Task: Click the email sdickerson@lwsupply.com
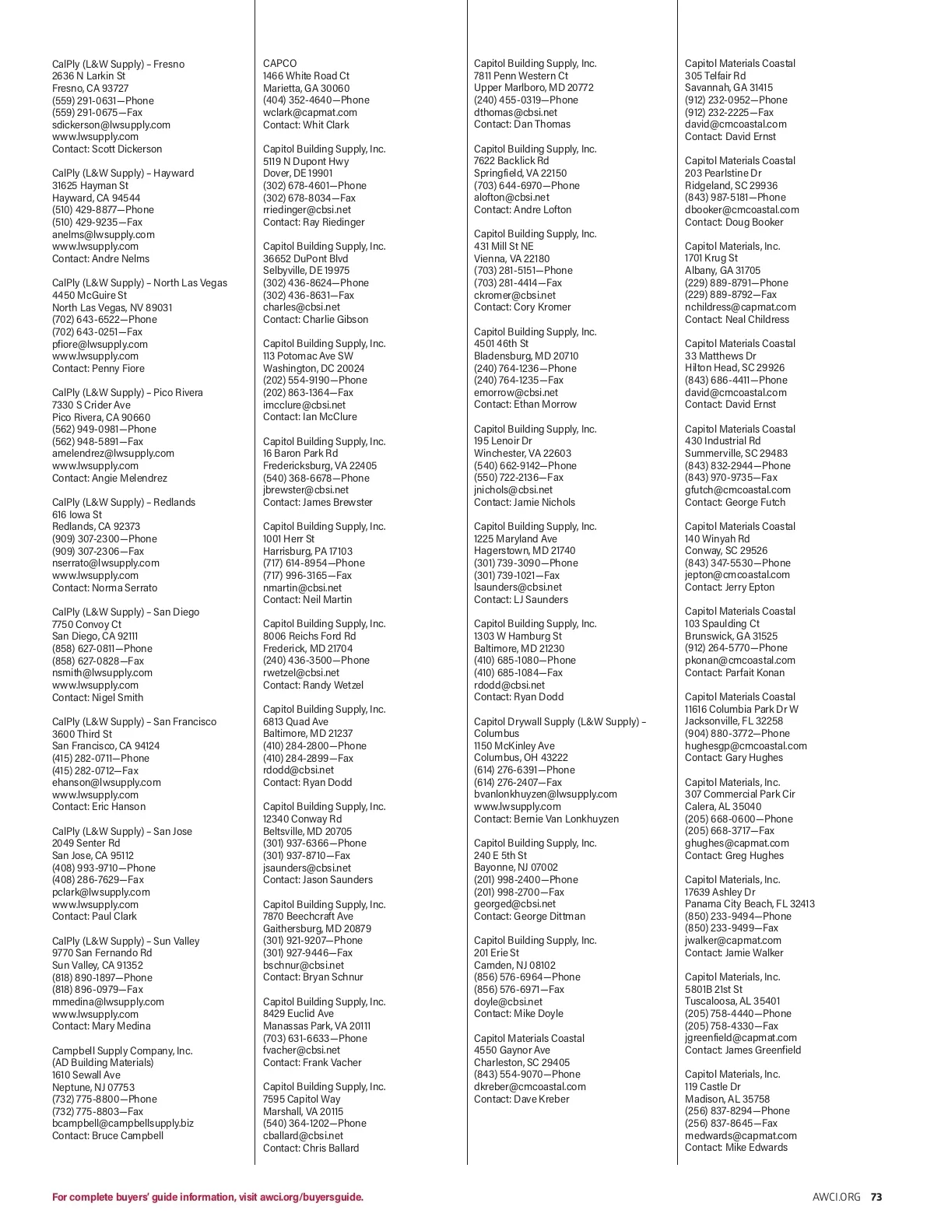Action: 111,125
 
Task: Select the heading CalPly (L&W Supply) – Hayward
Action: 123,174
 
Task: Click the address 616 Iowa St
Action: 77,514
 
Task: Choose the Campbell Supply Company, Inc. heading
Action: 122,1050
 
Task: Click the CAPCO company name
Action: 279,64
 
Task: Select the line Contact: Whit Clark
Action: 306,125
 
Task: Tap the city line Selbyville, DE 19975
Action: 306,271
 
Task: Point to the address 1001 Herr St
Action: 289,538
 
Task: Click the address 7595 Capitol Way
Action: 302,1099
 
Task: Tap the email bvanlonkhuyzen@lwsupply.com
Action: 546,794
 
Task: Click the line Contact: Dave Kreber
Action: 521,1099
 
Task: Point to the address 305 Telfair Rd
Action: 715,76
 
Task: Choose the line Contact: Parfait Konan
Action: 735,672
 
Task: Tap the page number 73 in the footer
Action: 876,1197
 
